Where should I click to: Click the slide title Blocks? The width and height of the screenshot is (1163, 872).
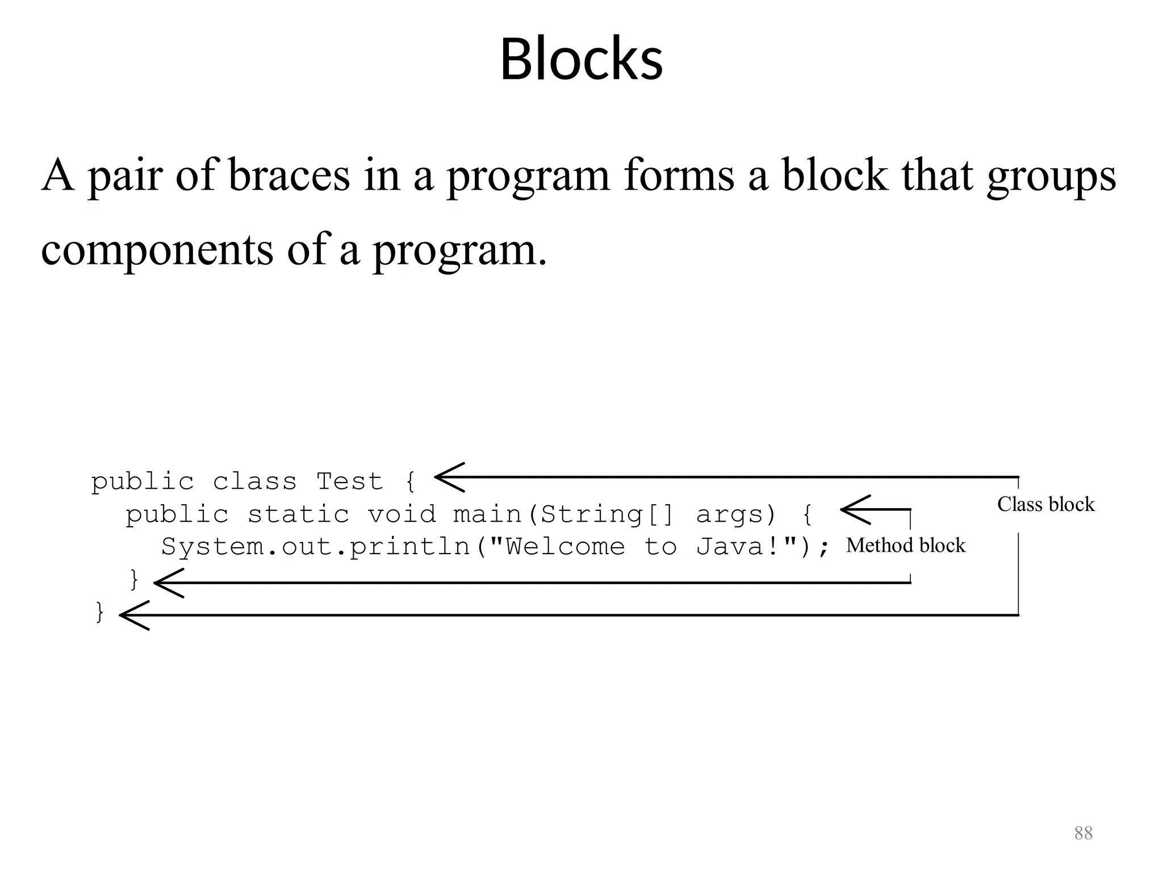tap(581, 59)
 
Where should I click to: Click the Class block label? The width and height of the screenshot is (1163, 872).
tap(1045, 504)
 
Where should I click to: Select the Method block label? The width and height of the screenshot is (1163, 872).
tap(905, 545)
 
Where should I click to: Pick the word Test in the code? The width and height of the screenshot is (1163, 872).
tap(349, 482)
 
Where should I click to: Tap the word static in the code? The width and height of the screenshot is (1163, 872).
tap(298, 515)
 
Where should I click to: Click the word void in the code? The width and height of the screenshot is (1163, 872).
tap(401, 515)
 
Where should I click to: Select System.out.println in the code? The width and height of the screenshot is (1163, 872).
tap(315, 547)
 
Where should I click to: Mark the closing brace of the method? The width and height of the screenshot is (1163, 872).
tap(135, 580)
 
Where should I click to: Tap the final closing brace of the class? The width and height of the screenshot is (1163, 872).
tap(100, 612)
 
